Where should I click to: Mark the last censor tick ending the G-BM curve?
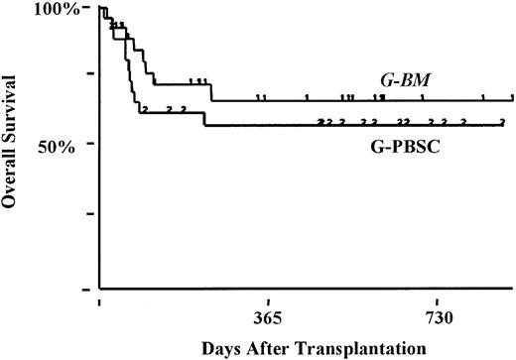pos(512,97)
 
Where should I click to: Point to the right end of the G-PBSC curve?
pos(504,125)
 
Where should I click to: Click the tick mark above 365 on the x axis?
pos(269,295)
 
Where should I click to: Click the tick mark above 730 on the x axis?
pos(438,295)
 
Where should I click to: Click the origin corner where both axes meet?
pos(100,289)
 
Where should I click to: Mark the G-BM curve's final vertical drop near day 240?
pos(211,92)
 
